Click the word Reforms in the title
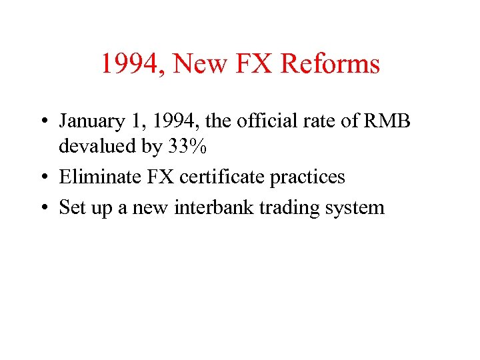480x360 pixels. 330,64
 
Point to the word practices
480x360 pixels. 307,177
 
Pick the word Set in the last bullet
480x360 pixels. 70,207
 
